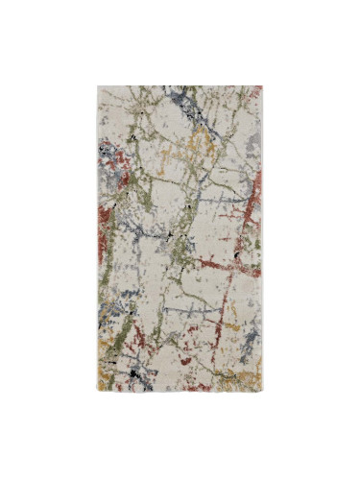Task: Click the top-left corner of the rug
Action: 98,87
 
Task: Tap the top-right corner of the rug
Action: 262,87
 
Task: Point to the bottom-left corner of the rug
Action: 98,392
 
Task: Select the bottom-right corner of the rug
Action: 262,392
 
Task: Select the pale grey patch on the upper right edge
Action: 252,142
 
